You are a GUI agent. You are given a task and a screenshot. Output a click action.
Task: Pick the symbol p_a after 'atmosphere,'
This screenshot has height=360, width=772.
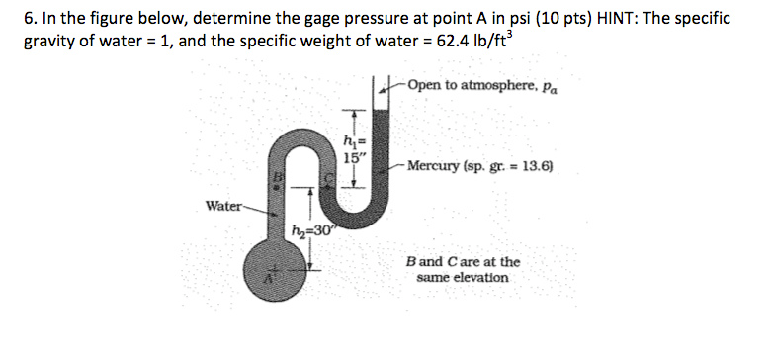pos(550,87)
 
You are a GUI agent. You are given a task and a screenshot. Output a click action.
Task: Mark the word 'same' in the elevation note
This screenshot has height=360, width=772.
pos(433,278)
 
